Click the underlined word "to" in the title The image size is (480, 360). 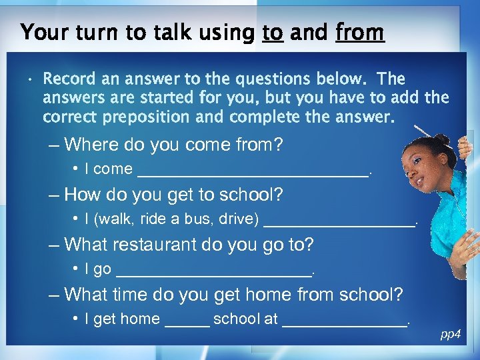coord(272,33)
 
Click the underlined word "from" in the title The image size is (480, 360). coord(360,32)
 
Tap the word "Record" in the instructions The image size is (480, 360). coord(69,79)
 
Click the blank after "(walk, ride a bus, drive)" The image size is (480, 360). coord(339,223)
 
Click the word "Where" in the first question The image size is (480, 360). coord(90,144)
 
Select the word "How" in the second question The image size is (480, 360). coord(81,195)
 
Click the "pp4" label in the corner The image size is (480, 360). coord(451,334)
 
